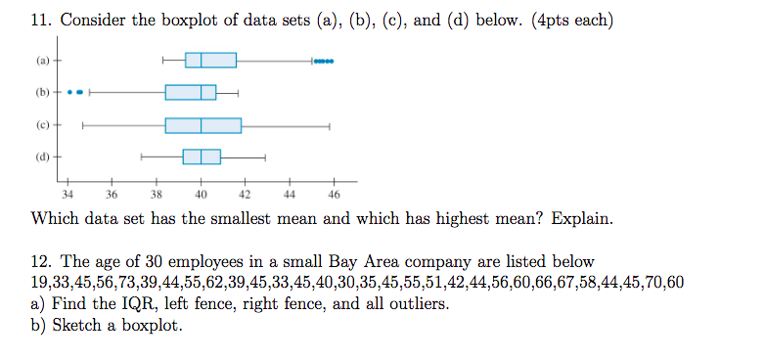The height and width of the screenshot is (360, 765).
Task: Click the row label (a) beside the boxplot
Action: coord(42,60)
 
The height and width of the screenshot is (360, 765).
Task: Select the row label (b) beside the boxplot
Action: coord(42,92)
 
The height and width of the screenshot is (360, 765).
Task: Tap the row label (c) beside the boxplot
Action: coord(42,124)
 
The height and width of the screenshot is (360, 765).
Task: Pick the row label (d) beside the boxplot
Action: coord(42,157)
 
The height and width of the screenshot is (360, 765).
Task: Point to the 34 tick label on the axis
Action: coord(67,195)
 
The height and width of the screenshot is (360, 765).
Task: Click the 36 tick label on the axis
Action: coord(112,195)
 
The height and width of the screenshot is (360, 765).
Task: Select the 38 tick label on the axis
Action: coord(157,195)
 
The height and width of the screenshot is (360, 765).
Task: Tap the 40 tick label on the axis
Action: coord(201,195)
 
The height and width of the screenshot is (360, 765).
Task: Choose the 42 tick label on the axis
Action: coord(246,195)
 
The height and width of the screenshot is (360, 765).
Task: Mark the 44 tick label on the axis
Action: coord(290,195)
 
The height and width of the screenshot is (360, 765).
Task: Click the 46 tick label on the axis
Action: coord(335,195)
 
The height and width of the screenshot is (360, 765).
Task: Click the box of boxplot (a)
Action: coord(210,60)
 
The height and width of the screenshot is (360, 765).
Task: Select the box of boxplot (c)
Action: coord(202,125)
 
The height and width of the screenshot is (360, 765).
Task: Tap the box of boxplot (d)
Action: coord(202,157)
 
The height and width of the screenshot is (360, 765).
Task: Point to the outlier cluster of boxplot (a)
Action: coord(324,60)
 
